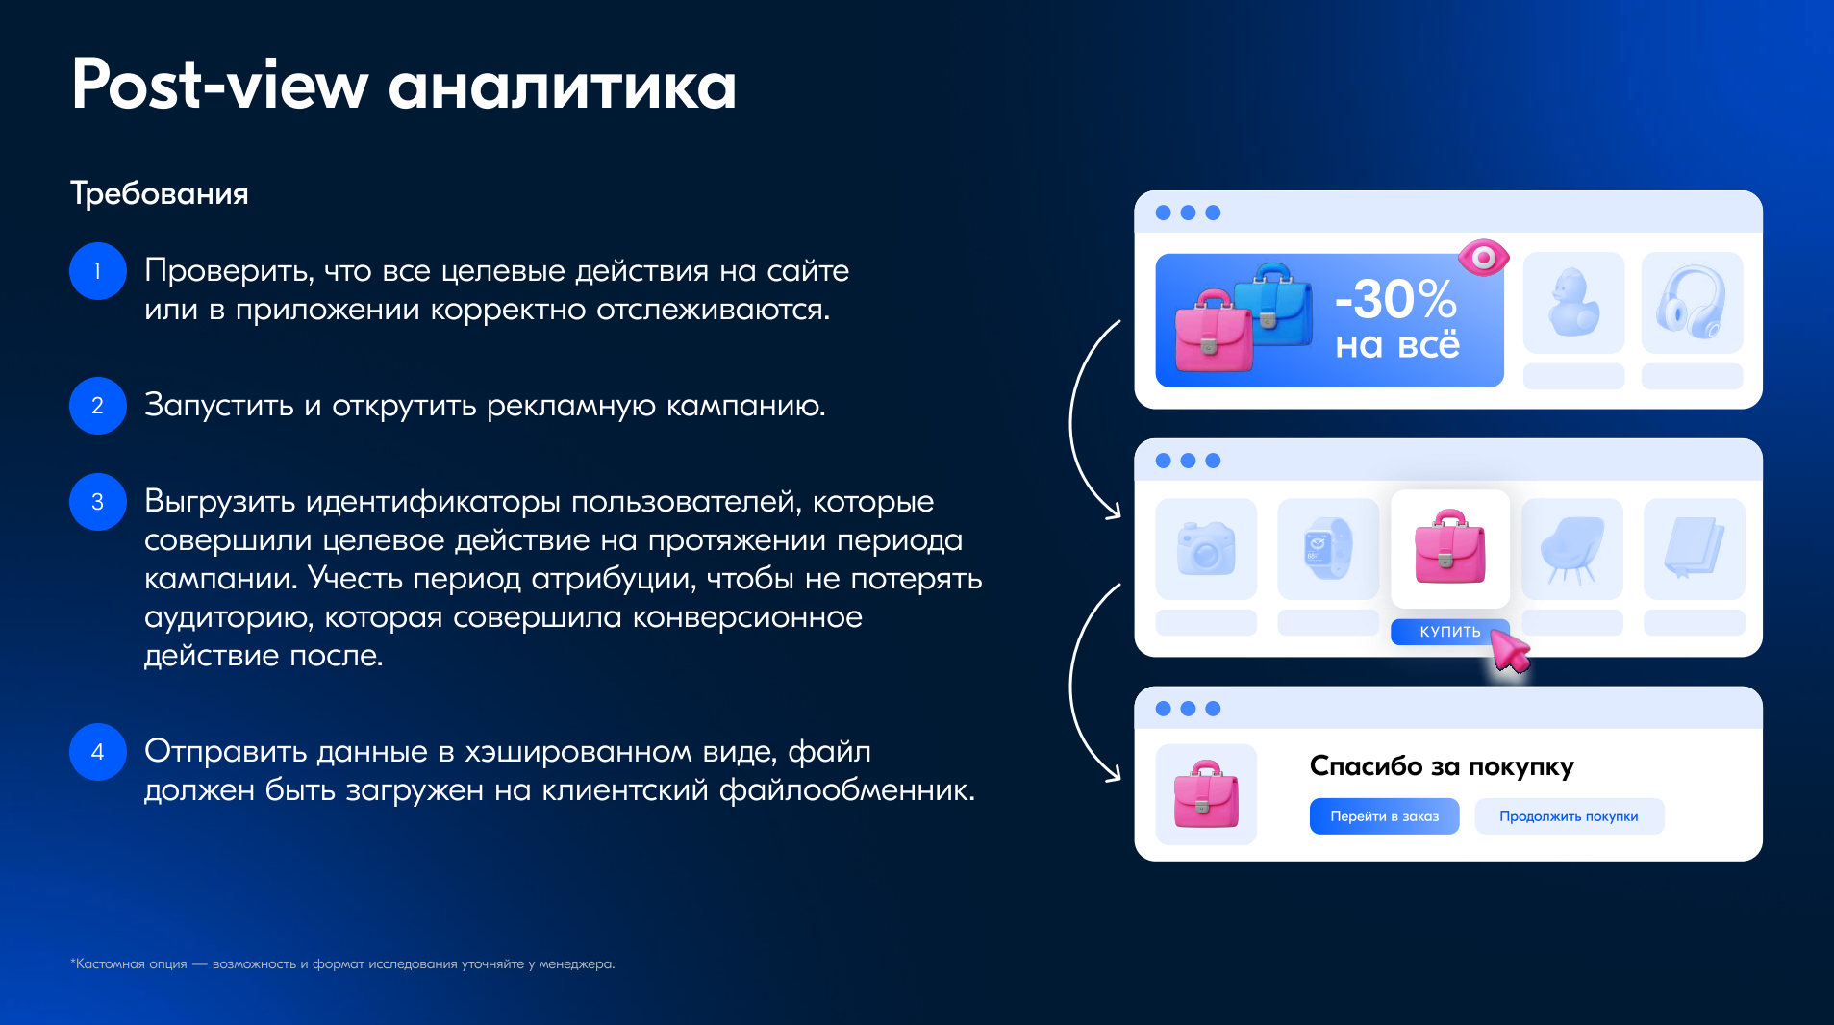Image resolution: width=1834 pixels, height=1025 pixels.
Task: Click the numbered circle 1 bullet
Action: point(97,271)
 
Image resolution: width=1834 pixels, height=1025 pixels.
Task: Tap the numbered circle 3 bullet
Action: point(97,502)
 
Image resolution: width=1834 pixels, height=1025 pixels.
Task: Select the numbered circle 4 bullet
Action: point(97,752)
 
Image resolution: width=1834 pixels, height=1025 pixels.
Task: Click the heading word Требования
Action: point(160,193)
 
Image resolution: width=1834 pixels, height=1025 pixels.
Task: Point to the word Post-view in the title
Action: point(219,85)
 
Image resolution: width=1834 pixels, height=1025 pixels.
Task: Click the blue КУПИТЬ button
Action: point(1448,632)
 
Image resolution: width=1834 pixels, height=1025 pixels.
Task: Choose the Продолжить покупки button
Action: point(1569,816)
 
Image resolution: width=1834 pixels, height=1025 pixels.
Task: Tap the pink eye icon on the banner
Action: point(1483,258)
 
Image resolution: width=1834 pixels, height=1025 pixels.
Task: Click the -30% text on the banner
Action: point(1396,299)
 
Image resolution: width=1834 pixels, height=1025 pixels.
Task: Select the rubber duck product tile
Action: point(1573,303)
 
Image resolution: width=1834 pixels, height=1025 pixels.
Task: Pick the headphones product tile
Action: point(1692,303)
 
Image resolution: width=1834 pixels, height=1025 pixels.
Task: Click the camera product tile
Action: point(1206,549)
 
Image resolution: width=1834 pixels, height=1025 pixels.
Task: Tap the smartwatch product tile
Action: point(1327,549)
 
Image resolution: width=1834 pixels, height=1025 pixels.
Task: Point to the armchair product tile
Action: point(1572,549)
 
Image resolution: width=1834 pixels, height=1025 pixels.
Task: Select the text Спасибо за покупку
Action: point(1442,766)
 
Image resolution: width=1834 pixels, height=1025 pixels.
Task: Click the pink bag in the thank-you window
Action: point(1206,794)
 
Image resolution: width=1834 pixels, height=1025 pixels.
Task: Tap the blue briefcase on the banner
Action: point(1272,302)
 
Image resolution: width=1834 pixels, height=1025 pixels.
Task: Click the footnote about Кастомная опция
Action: point(342,963)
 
